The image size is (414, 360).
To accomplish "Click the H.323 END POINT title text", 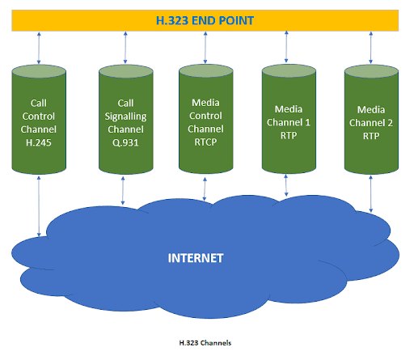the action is pyautogui.click(x=205, y=21).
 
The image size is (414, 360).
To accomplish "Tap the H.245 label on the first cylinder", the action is pyautogui.click(x=39, y=142).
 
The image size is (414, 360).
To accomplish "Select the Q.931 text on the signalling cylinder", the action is pyautogui.click(x=125, y=142).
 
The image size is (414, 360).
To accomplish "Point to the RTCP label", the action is pyautogui.click(x=205, y=142).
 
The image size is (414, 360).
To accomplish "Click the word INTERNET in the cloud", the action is pyautogui.click(x=196, y=258).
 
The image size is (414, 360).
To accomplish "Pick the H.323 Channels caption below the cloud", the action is pyautogui.click(x=205, y=343).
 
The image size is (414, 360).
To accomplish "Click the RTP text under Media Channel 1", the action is pyautogui.click(x=289, y=135).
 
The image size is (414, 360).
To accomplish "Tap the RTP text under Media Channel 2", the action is pyautogui.click(x=371, y=136).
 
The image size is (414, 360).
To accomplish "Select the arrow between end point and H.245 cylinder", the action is pyautogui.click(x=39, y=49).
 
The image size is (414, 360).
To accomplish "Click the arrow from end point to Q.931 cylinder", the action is pyautogui.click(x=125, y=48).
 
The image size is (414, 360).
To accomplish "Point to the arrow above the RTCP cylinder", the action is pyautogui.click(x=205, y=48).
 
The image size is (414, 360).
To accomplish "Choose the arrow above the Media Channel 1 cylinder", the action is pyautogui.click(x=286, y=47).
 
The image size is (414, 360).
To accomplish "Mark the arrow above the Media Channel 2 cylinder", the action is pyautogui.click(x=371, y=48).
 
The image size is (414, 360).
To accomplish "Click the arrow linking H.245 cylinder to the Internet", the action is pyautogui.click(x=39, y=206).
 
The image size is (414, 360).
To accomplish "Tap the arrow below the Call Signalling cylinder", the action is pyautogui.click(x=123, y=191).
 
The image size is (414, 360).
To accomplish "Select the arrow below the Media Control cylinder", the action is pyautogui.click(x=205, y=189).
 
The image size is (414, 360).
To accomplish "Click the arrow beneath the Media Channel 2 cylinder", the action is pyautogui.click(x=371, y=194).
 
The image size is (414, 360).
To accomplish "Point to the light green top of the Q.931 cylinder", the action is pyautogui.click(x=126, y=71).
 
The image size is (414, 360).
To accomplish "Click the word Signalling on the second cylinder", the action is pyautogui.click(x=125, y=116).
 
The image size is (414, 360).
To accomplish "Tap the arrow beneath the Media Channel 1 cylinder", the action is pyautogui.click(x=286, y=185).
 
